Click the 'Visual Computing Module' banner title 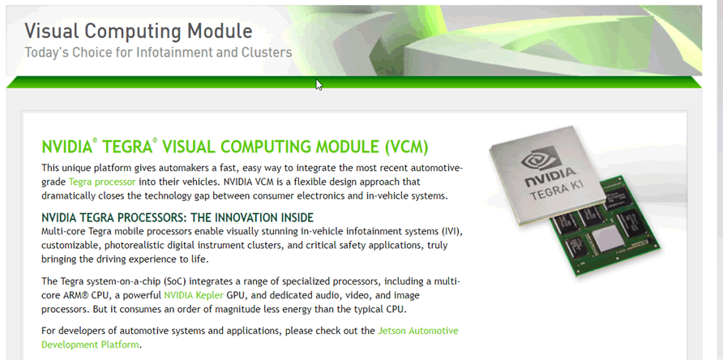point(139,31)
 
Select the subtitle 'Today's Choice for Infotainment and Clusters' point(158,52)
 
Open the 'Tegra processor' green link point(102,182)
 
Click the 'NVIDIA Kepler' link point(194,295)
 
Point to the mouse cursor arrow point(319,85)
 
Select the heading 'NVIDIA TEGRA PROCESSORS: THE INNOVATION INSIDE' point(178,217)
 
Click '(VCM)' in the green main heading point(406,147)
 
